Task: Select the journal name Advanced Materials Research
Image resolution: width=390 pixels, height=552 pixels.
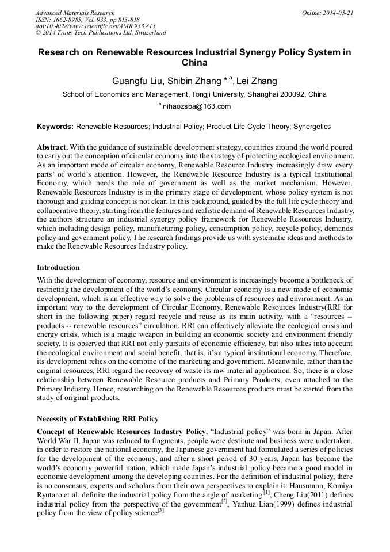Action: [75, 13]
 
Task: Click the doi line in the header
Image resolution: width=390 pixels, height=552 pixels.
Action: [95, 26]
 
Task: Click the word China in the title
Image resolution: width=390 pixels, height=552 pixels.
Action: [194, 63]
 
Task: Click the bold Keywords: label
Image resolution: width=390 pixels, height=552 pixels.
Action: [55, 125]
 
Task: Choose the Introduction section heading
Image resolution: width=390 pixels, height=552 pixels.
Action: [58, 268]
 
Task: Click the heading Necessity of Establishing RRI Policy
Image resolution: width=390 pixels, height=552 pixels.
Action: [97, 418]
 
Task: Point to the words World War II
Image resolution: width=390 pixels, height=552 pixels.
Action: [60, 440]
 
